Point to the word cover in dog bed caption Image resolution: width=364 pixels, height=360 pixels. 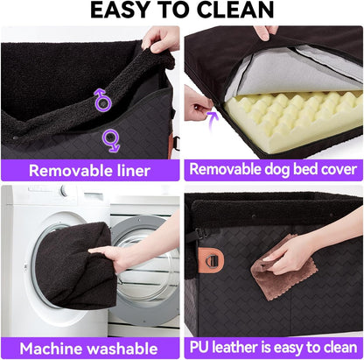pos(332,169)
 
